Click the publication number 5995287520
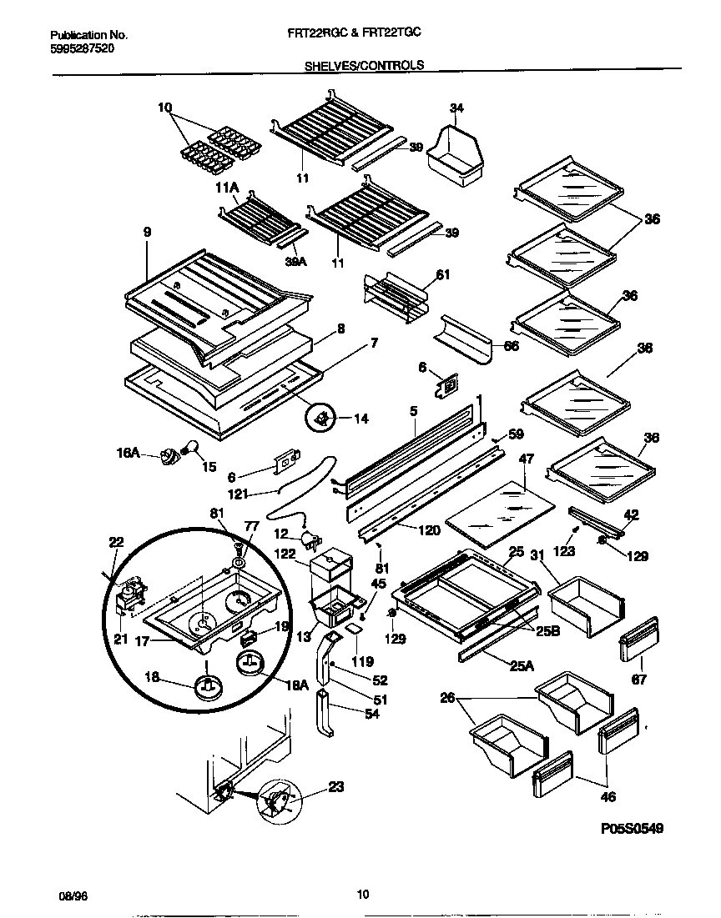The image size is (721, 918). point(83,49)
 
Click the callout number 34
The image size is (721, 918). point(456,108)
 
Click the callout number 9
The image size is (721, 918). point(148,233)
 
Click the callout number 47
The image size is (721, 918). point(527,459)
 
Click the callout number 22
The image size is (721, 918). point(116,542)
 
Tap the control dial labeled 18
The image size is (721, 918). point(208,685)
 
